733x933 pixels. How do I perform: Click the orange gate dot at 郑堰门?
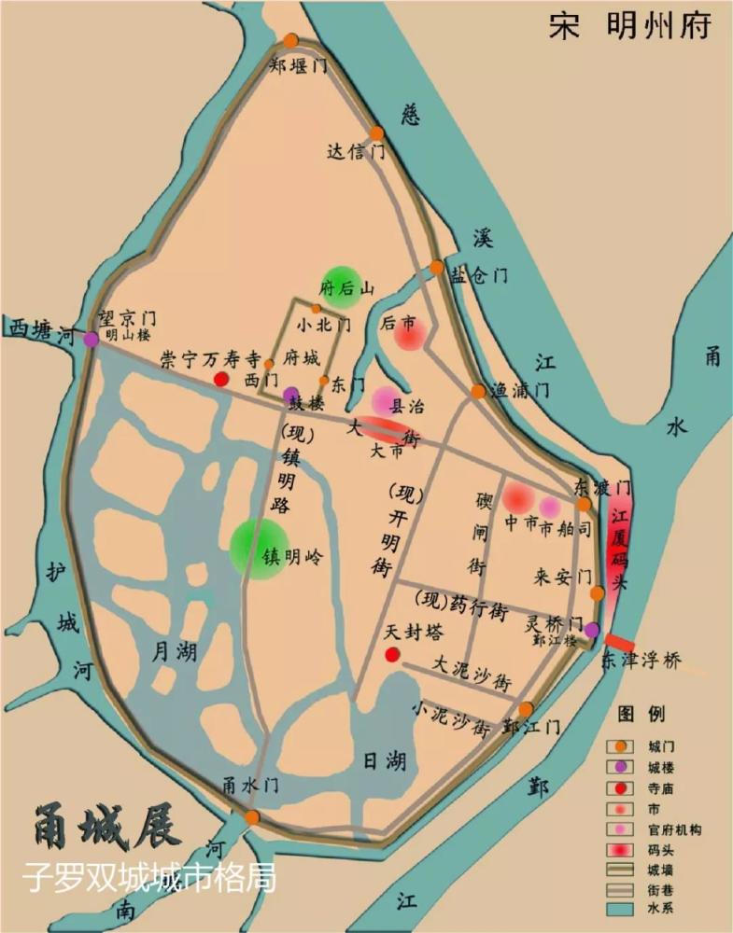click(291, 41)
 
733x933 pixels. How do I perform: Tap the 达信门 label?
click(356, 151)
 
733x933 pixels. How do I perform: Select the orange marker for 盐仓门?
click(437, 268)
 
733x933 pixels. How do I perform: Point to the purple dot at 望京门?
click(91, 340)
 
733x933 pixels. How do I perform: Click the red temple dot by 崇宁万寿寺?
click(221, 379)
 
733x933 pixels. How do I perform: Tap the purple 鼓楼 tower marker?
click(291, 394)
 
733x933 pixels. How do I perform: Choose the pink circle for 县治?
click(387, 400)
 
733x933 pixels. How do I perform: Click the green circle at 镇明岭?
click(259, 549)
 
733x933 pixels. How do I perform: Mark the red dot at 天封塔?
click(393, 655)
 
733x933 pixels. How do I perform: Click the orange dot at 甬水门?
click(252, 817)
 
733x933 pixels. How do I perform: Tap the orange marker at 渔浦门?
click(478, 391)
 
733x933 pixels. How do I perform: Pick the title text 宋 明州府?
click(629, 27)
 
